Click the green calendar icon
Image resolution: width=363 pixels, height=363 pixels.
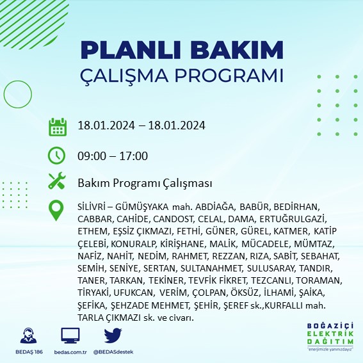[x=58, y=126]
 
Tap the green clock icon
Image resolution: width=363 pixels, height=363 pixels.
[x=58, y=156]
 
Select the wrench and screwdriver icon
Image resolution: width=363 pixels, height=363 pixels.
[x=58, y=182]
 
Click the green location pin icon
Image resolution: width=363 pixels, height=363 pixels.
[x=58, y=211]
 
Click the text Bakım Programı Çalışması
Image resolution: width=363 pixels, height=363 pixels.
[x=144, y=183]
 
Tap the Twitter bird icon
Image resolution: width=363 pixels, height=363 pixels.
[x=113, y=335]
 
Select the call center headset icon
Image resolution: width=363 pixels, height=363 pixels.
[x=28, y=335]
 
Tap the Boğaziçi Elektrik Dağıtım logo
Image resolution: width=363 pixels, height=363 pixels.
[x=328, y=336]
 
